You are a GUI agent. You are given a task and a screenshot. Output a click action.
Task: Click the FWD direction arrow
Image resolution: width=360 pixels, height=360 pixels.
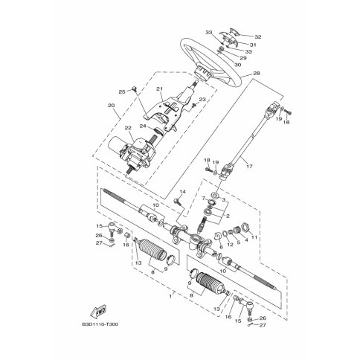click(x=98, y=311)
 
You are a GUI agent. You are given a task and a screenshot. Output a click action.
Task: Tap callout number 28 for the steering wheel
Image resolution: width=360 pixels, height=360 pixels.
click(x=257, y=74)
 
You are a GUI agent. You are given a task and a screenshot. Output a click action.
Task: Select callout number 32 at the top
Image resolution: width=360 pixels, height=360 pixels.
click(x=258, y=37)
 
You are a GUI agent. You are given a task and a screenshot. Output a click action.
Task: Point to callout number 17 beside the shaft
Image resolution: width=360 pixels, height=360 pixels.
click(x=249, y=167)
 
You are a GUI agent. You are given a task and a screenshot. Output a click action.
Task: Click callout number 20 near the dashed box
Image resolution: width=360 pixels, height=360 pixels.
click(x=111, y=105)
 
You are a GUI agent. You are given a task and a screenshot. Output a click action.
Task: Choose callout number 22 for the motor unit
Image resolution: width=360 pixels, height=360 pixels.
click(x=128, y=128)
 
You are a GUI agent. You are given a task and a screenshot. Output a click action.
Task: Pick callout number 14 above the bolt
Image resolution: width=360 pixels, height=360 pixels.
click(x=182, y=192)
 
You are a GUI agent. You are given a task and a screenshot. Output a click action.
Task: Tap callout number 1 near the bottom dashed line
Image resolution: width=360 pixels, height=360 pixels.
click(x=170, y=296)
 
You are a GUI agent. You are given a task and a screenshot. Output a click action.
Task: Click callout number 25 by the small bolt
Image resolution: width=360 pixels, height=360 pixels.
click(x=122, y=92)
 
